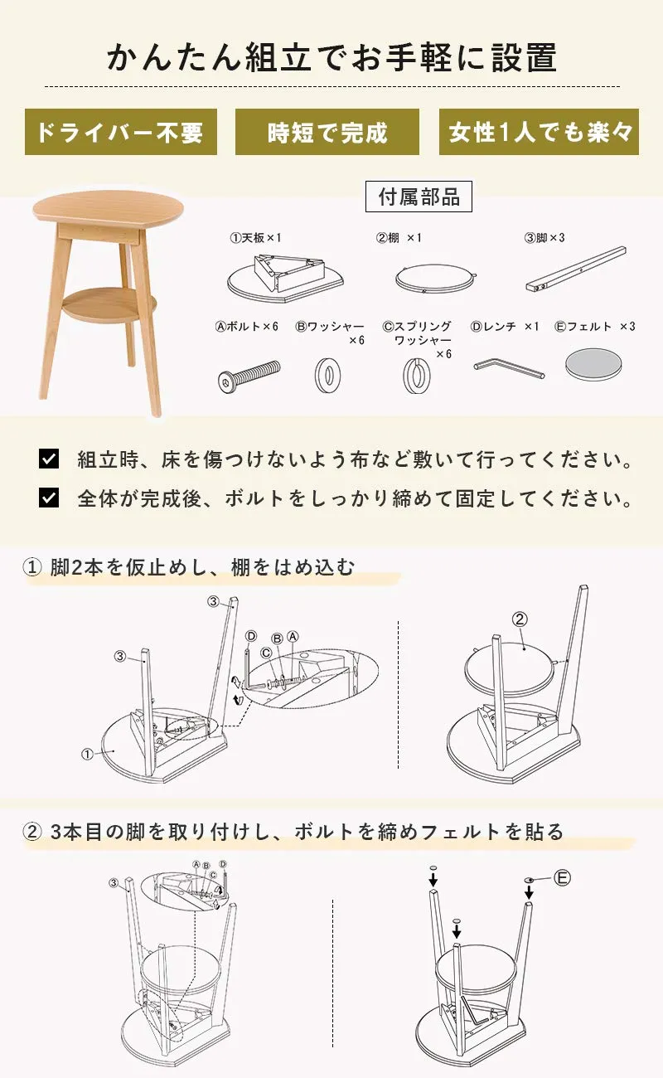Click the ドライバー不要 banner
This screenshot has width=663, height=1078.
point(121,132)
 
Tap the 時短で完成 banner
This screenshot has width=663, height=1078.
point(327,132)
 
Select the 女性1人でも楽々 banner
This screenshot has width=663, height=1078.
point(539,132)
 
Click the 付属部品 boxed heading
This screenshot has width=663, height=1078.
point(419,197)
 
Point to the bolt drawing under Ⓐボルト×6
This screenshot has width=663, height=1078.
point(249,376)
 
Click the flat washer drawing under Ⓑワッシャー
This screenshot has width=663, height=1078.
point(327,375)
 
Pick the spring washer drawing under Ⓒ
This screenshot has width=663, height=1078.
point(416,376)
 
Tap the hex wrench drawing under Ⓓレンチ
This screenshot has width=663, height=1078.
point(509,370)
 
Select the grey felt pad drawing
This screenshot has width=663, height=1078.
point(593,364)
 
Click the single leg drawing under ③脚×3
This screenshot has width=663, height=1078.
point(576,269)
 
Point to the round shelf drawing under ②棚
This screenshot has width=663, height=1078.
point(435,278)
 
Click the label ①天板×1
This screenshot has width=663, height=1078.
point(255,238)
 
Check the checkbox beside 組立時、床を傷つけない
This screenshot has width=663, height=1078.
point(49,459)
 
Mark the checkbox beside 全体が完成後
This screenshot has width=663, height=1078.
point(49,498)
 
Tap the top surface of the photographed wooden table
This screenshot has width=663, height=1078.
point(109,206)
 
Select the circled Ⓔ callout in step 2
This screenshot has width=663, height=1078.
point(562,878)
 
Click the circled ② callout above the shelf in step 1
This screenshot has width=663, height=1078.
point(520,619)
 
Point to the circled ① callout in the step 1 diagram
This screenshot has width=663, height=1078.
point(87,754)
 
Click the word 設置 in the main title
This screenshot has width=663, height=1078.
point(525,57)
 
